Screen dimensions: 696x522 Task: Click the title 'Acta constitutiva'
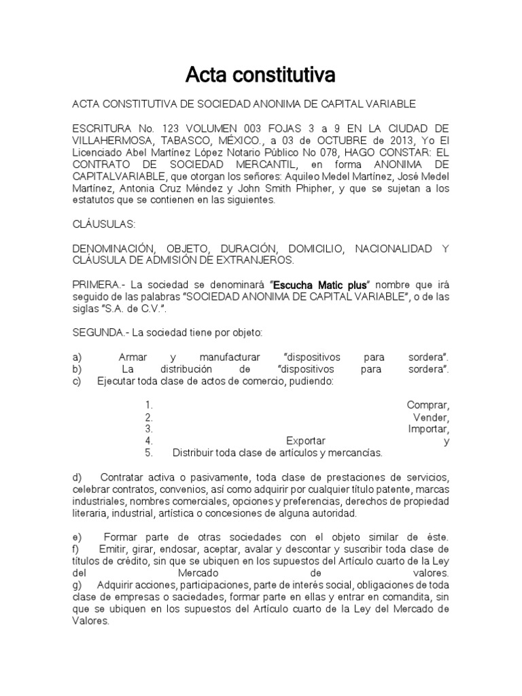[x=260, y=75]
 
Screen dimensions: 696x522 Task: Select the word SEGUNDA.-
[x=101, y=332]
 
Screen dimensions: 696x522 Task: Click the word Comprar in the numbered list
[x=428, y=405]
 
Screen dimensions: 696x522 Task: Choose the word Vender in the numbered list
[x=431, y=417]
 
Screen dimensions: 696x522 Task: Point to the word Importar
[x=428, y=429]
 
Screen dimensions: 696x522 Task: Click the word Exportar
[x=306, y=441]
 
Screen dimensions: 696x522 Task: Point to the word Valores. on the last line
[x=92, y=621]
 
